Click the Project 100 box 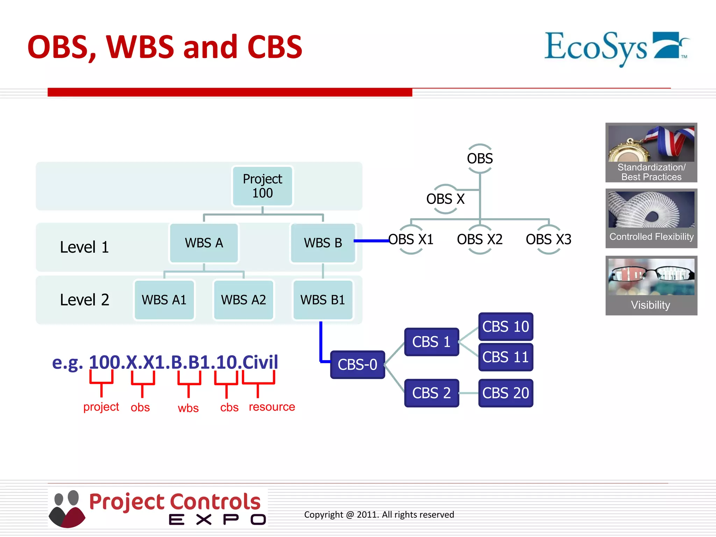tap(262, 186)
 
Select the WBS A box tap(204, 243)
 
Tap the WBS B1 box tap(323, 300)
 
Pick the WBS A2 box tap(243, 300)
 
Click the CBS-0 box tap(357, 365)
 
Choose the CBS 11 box tap(505, 357)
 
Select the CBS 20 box tap(505, 393)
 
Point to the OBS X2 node tap(480, 239)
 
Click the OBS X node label tap(445, 199)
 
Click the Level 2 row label tap(84, 300)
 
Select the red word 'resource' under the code tap(272, 407)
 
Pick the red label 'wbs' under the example tap(188, 408)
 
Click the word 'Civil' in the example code tap(260, 362)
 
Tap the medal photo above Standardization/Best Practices tap(651, 144)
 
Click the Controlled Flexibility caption tap(651, 237)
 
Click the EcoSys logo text tap(596, 48)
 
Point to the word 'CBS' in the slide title tap(274, 47)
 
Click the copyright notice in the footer tap(379, 515)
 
